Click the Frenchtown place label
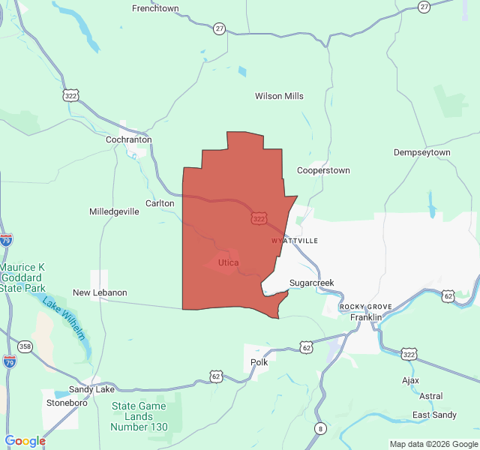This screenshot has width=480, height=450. pyautogui.click(x=155, y=8)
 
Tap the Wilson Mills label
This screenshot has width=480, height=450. pyautogui.click(x=279, y=96)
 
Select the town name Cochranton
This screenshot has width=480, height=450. pyautogui.click(x=129, y=139)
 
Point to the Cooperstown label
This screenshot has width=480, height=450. pyautogui.click(x=323, y=170)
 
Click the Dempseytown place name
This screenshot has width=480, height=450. pyautogui.click(x=422, y=152)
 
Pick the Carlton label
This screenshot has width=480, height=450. pyautogui.click(x=160, y=203)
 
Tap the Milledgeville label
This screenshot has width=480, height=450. pyautogui.click(x=114, y=211)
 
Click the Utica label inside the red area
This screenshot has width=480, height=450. pyautogui.click(x=228, y=262)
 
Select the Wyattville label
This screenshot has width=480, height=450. pyautogui.click(x=295, y=241)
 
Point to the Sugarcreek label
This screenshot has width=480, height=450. pyautogui.click(x=311, y=283)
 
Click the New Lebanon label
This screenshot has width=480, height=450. pyautogui.click(x=100, y=292)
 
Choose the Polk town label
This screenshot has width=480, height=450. pyautogui.click(x=259, y=362)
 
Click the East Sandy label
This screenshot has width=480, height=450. pyautogui.click(x=434, y=415)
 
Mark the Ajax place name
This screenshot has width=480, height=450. pyautogui.click(x=410, y=380)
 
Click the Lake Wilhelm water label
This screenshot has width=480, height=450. pyautogui.click(x=64, y=319)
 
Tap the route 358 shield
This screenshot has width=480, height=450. pyautogui.click(x=25, y=346)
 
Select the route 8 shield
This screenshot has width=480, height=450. pyautogui.click(x=321, y=428)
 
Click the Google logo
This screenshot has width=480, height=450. pyautogui.click(x=25, y=441)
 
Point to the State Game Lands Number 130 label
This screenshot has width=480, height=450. pyautogui.click(x=139, y=416)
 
